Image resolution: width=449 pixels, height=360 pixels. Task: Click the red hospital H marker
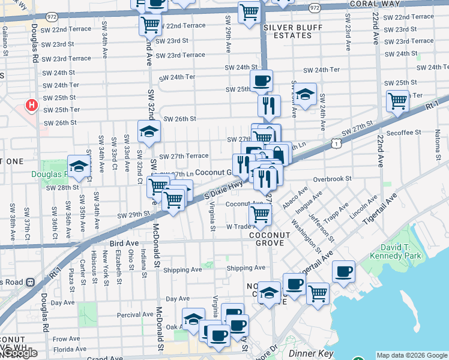pyautogui.click(x=32, y=106)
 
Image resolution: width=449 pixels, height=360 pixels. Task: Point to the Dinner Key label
pyautogui.click(x=310, y=353)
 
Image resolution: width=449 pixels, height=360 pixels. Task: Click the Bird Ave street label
pyautogui.click(x=124, y=243)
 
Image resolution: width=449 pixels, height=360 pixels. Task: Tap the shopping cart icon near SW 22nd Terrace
pyautogui.click(x=150, y=25)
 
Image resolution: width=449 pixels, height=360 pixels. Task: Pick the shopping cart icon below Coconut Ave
pyautogui.click(x=260, y=214)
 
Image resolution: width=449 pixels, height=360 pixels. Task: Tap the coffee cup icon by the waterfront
pyautogui.click(x=343, y=271)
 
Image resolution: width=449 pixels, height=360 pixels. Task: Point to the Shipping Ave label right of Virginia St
pyautogui.click(x=246, y=268)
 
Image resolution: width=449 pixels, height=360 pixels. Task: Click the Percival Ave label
pyautogui.click(x=136, y=314)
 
